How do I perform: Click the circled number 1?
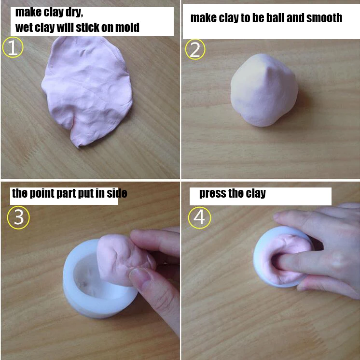coord(13,48)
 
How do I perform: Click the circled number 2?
coord(195,49)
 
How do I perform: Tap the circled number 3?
coord(18,218)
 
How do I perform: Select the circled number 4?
coord(199,218)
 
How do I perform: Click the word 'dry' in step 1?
coord(73,12)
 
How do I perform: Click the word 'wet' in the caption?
coord(24,28)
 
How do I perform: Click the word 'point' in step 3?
coord(41,194)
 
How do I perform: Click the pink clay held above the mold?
coord(118,256)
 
